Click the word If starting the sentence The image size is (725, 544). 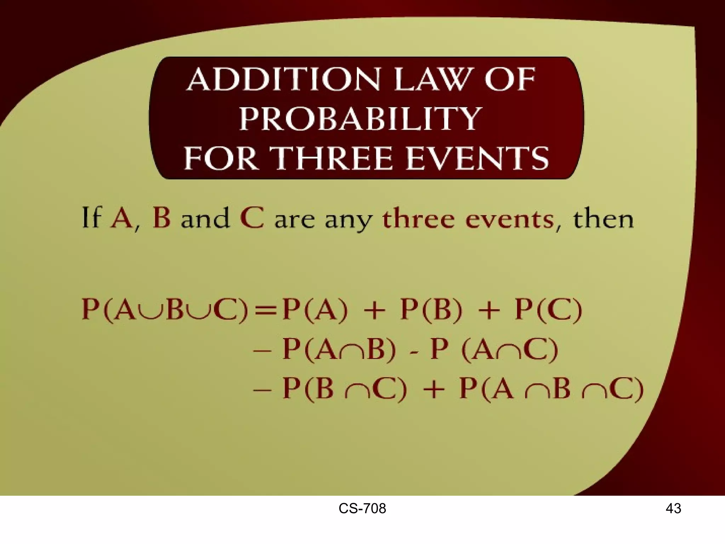(92, 217)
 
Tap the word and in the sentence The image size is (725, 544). (205, 218)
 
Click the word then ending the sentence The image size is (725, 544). (603, 218)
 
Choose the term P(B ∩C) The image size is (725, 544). (345, 389)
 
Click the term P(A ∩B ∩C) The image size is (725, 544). (551, 389)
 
